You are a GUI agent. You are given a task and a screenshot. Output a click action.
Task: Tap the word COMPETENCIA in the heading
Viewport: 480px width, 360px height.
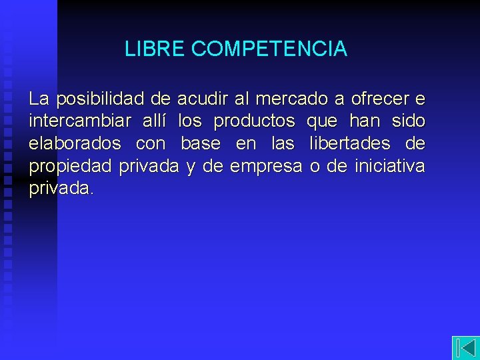pyautogui.click(x=269, y=49)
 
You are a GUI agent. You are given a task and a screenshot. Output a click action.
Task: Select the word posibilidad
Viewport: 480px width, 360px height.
pyautogui.click(x=100, y=99)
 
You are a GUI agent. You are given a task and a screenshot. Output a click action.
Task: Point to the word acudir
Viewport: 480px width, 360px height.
pyautogui.click(x=202, y=99)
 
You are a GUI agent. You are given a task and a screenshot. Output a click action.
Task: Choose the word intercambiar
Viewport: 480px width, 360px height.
pyautogui.click(x=79, y=122)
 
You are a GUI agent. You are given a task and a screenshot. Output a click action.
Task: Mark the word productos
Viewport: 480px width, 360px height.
pyautogui.click(x=253, y=122)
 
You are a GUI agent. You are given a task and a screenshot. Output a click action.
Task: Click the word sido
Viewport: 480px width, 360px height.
pyautogui.click(x=408, y=122)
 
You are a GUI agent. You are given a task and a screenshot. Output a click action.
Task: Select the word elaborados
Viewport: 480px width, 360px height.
pyautogui.click(x=75, y=144)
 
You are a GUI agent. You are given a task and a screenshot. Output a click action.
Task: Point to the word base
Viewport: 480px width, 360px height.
pyautogui.click(x=201, y=144)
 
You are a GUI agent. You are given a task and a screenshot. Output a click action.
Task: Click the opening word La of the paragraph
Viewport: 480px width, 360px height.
pyautogui.click(x=39, y=99)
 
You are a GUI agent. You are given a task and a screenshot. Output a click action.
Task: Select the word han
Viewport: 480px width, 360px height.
pyautogui.click(x=364, y=122)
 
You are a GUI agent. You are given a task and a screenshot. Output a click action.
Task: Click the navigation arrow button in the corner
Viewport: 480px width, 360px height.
pyautogui.click(x=465, y=347)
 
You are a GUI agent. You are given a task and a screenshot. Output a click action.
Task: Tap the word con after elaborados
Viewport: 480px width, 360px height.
pyautogui.click(x=151, y=144)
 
